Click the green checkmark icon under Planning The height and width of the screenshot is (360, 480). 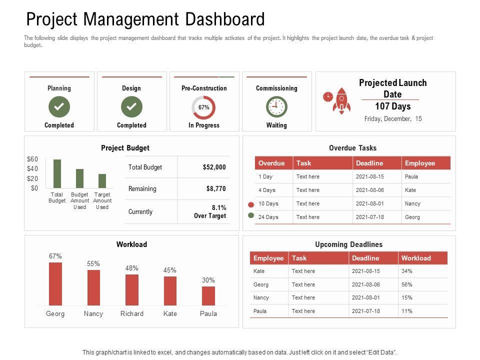59,106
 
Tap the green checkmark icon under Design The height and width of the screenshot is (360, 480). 131,106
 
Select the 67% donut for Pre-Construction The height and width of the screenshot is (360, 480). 203,107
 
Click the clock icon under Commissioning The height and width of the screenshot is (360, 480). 276,106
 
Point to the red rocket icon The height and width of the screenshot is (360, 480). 341,100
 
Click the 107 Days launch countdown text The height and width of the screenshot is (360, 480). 392,106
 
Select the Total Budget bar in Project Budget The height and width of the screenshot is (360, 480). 57,173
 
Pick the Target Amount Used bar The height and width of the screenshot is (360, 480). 102,180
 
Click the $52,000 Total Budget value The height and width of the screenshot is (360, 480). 214,167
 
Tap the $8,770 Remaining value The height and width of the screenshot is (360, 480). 216,189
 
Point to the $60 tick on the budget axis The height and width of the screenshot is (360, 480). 32,159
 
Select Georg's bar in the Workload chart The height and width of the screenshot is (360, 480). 55,283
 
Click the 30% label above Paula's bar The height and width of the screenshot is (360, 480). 208,280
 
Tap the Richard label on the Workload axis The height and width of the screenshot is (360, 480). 132,314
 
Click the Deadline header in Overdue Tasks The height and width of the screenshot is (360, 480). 369,163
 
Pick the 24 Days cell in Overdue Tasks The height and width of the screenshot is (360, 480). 268,217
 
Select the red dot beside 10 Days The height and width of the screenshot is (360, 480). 250,205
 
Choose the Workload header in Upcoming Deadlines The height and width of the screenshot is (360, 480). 415,258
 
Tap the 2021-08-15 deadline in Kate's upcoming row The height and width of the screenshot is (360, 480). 366,271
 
